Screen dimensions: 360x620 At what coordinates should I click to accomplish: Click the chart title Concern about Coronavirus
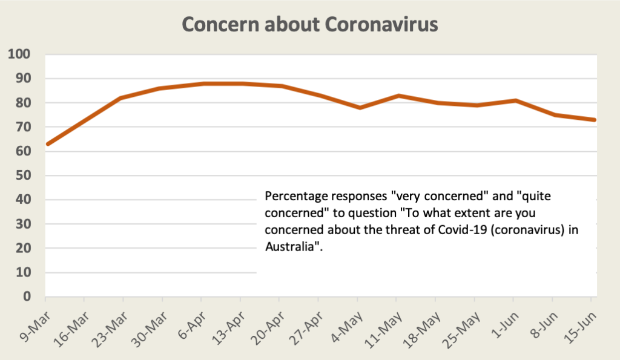click(309, 25)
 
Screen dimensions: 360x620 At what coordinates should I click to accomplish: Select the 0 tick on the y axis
click(26, 296)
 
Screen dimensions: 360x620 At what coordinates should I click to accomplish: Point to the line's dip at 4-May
click(359, 108)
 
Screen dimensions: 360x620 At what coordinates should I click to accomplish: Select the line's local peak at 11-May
click(398, 96)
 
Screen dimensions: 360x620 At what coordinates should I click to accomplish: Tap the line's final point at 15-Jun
click(595, 120)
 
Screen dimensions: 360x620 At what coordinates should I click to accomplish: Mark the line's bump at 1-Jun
click(515, 100)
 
